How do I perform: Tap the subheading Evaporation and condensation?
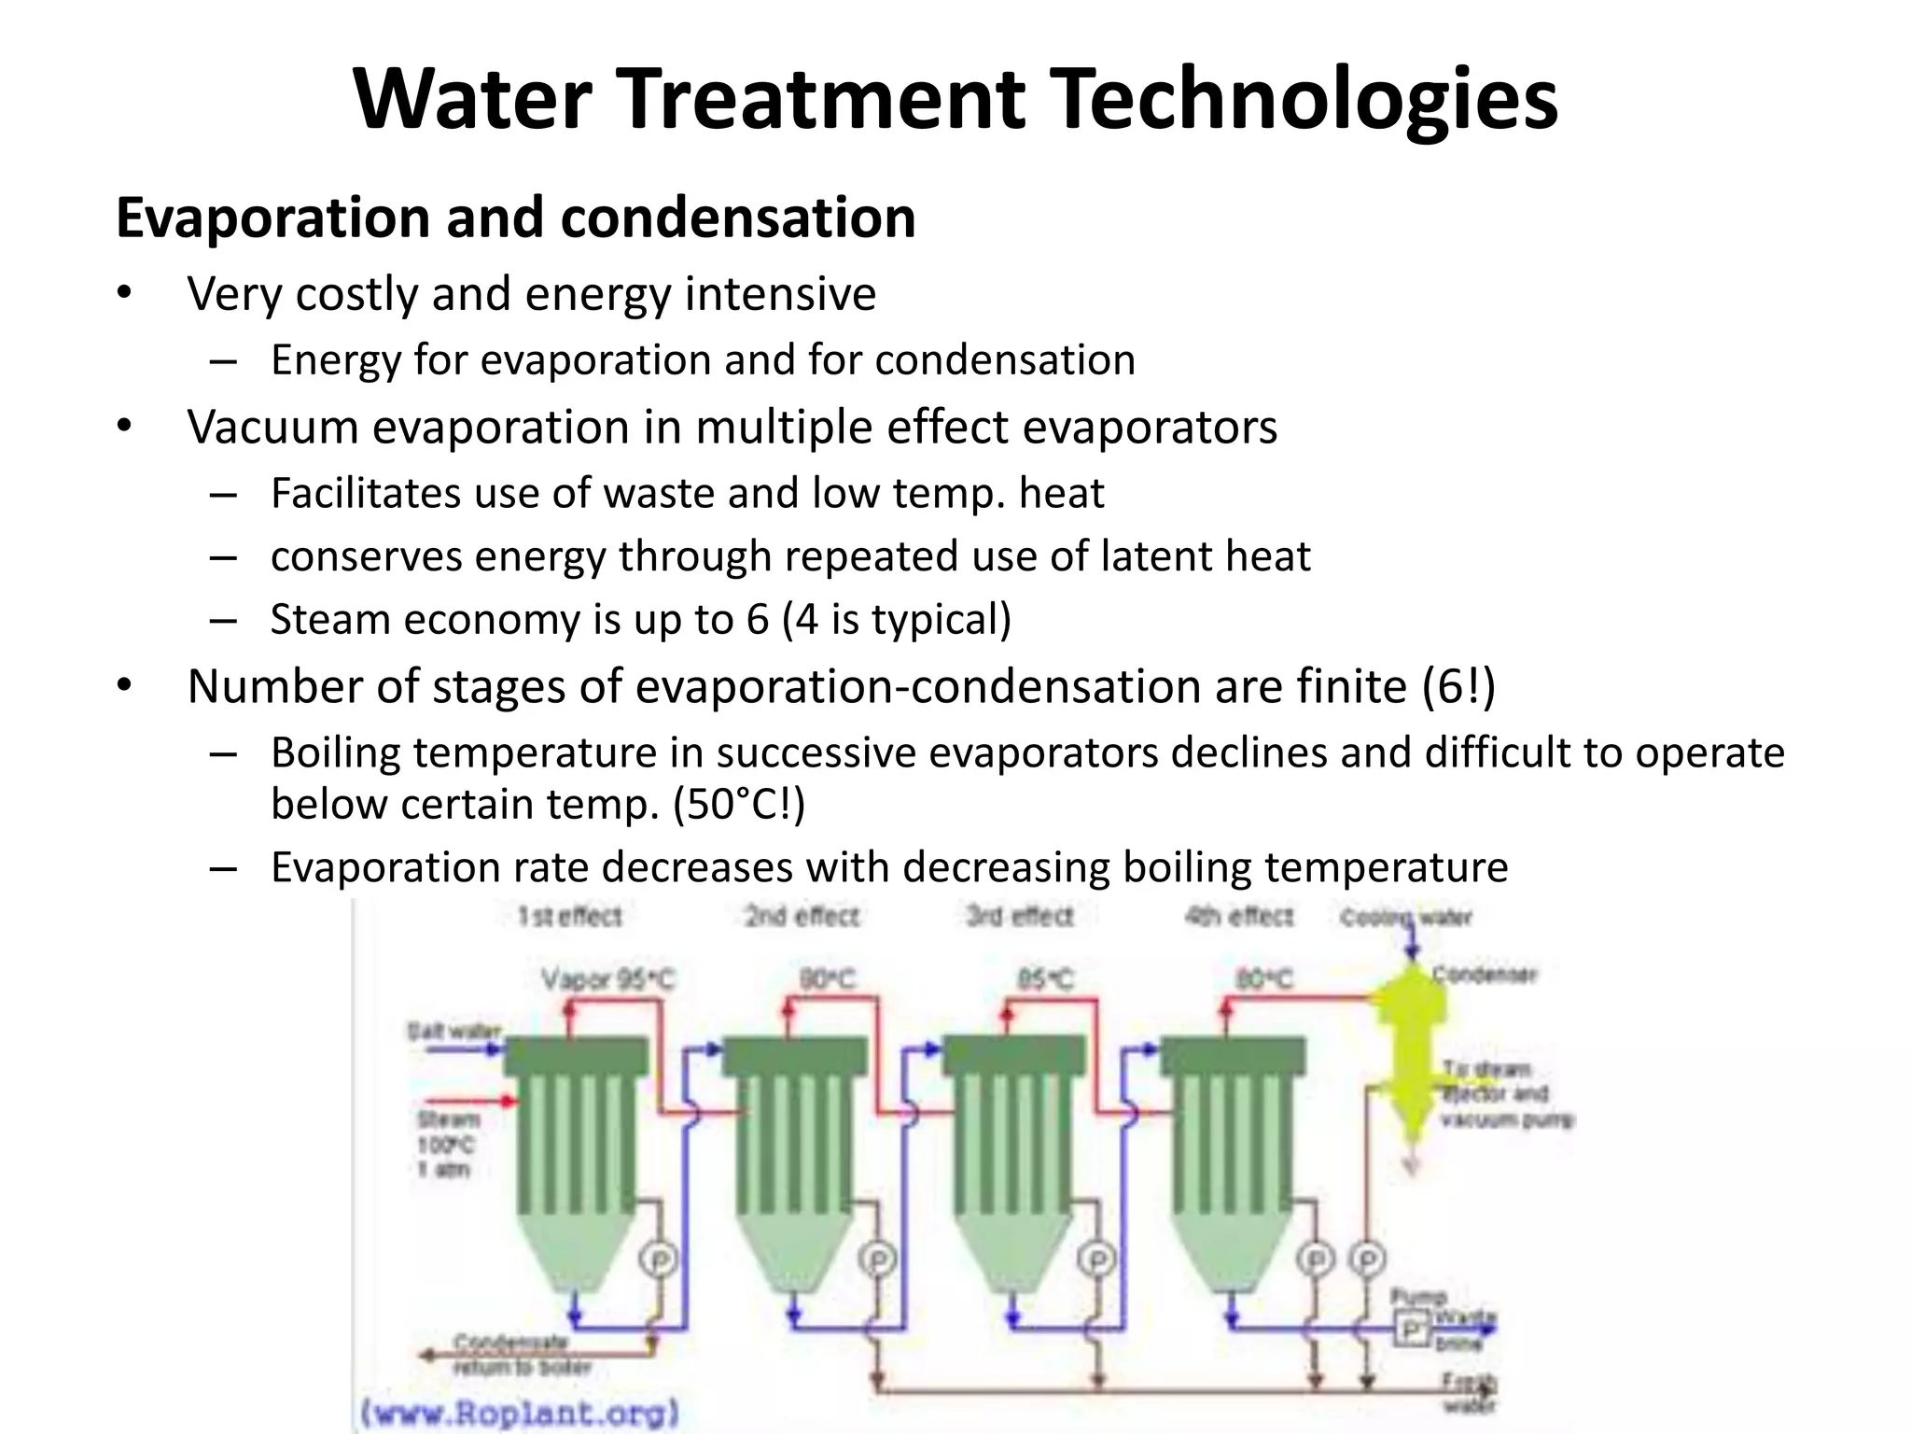click(x=515, y=218)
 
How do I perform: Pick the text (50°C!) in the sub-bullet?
click(x=739, y=805)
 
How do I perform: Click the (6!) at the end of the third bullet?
click(x=1458, y=687)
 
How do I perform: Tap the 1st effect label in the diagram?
click(x=570, y=916)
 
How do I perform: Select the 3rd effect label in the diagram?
click(x=1020, y=916)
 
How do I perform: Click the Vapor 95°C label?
click(x=607, y=979)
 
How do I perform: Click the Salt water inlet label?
click(x=454, y=1032)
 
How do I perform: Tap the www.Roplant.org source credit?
click(x=520, y=1411)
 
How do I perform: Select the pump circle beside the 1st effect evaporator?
click(x=659, y=1260)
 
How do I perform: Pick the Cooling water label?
click(x=1405, y=918)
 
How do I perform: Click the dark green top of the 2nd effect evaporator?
click(x=795, y=1056)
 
